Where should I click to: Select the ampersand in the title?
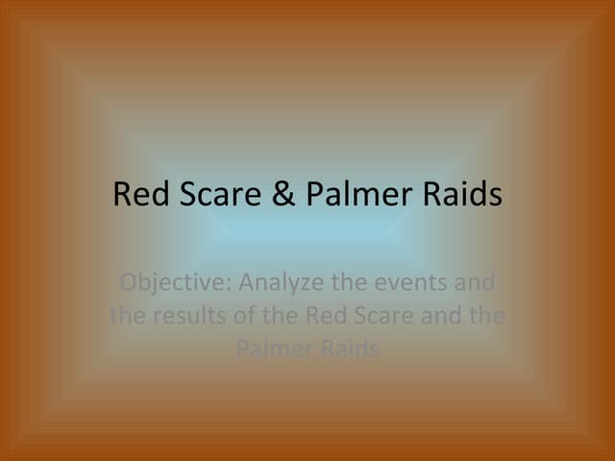tap(280, 195)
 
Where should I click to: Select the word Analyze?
tap(278, 283)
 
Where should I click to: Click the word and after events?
tap(473, 283)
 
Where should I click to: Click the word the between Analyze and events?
tap(340, 283)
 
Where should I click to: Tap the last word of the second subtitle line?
tap(487, 316)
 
